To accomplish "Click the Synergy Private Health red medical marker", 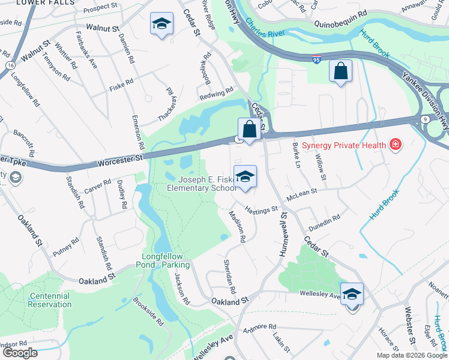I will click(395, 144).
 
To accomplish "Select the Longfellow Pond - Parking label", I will click(166, 260).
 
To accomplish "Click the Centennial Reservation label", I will click(49, 300).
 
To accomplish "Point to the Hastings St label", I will click(262, 209).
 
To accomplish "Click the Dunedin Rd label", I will click(324, 224).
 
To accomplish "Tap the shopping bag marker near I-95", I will click(340, 72).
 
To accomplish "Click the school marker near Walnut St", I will click(161, 25).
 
